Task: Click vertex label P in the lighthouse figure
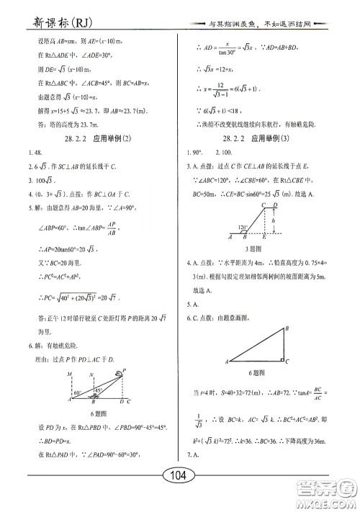click(x=124, y=370)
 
